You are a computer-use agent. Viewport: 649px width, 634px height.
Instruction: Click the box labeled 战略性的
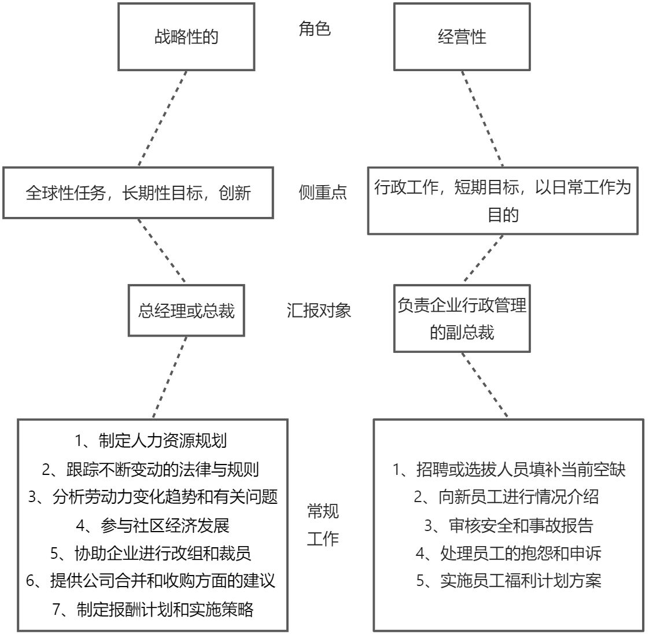186,37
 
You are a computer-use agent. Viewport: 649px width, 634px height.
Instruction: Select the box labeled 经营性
462,37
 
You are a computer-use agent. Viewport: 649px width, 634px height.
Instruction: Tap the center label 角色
315,28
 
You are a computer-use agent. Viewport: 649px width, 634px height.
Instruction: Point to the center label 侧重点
323,192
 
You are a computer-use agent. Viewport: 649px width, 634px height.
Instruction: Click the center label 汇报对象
319,310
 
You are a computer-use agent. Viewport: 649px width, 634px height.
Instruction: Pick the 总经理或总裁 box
186,311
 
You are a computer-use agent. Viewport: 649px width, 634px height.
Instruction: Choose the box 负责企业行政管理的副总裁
462,318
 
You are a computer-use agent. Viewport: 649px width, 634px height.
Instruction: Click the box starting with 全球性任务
138,193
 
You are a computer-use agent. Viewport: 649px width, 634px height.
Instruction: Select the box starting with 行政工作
503,200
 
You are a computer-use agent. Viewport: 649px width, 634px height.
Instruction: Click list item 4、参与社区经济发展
153,525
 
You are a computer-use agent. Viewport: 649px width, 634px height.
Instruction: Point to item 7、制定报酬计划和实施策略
153,609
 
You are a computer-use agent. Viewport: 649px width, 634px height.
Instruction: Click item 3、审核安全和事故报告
508,525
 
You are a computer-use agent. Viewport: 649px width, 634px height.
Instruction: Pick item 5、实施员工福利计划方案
508,580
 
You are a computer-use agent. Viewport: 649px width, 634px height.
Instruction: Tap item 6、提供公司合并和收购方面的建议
151,581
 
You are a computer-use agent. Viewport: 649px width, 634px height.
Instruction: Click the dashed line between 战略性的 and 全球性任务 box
163,119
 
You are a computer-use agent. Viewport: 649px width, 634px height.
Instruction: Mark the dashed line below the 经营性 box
482,119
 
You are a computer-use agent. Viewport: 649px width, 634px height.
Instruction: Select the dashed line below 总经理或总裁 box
170,377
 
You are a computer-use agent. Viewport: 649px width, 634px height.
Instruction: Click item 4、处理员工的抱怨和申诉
508,553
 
